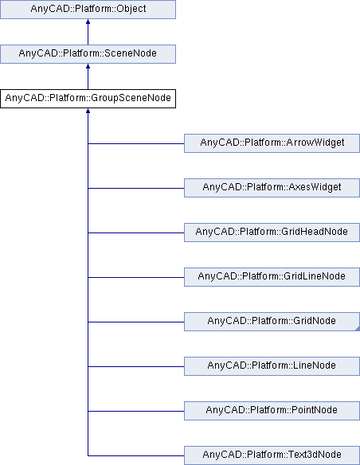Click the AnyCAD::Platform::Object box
tap(87, 11)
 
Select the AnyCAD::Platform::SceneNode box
tap(87, 54)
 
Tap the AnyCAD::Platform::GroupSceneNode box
tap(87, 99)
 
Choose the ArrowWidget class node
tap(272, 143)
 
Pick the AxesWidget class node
tap(272, 188)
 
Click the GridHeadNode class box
tap(272, 232)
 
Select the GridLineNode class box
tap(272, 277)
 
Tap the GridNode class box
tap(272, 322)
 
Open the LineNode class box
tap(272, 365)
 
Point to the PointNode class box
tap(272, 410)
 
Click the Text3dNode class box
tap(272, 455)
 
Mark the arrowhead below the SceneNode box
tap(87, 69)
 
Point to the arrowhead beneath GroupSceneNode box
tap(87, 113)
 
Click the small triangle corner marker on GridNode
tap(356, 327)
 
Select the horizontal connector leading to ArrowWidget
tap(135, 143)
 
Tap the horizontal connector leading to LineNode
tap(135, 365)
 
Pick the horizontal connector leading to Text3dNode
tap(135, 455)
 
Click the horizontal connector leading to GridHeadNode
tap(135, 232)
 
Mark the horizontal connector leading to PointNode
tap(135, 410)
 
